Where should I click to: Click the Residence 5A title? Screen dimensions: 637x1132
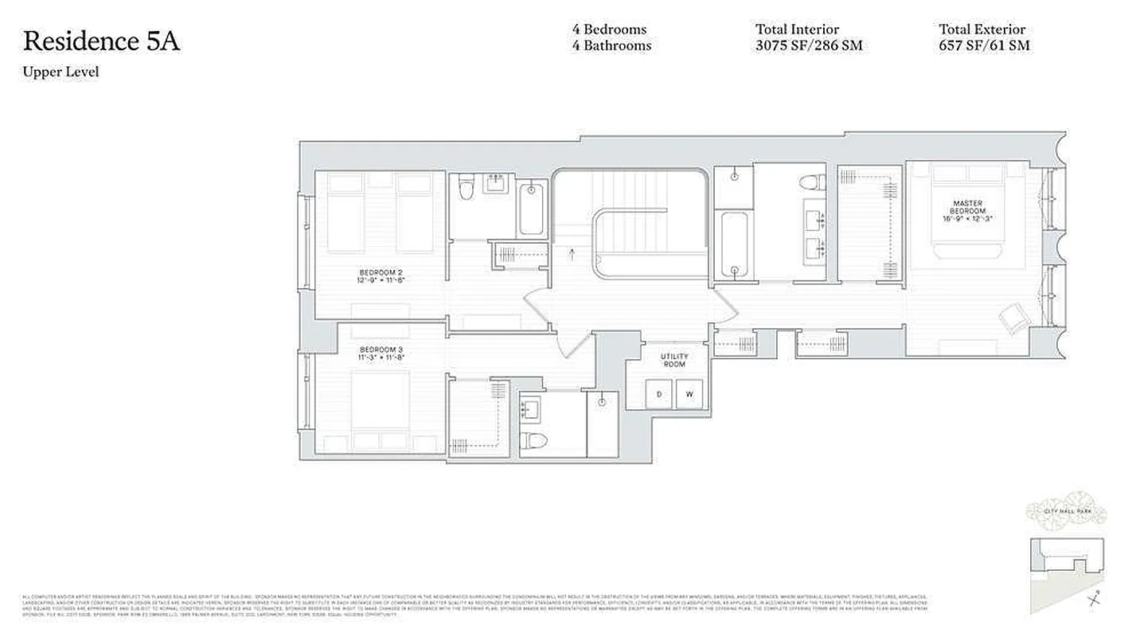tap(101, 41)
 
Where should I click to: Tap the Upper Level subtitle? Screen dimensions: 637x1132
tap(61, 72)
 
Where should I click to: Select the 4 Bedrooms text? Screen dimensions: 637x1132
tap(609, 29)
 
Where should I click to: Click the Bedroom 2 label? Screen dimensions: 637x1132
tap(381, 276)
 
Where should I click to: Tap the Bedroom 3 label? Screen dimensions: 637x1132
tap(381, 354)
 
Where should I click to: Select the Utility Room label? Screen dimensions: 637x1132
tap(673, 360)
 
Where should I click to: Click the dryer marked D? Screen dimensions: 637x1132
tap(659, 394)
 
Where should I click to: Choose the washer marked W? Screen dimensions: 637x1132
tap(690, 394)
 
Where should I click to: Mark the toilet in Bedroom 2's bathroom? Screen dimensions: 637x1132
tap(467, 189)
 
